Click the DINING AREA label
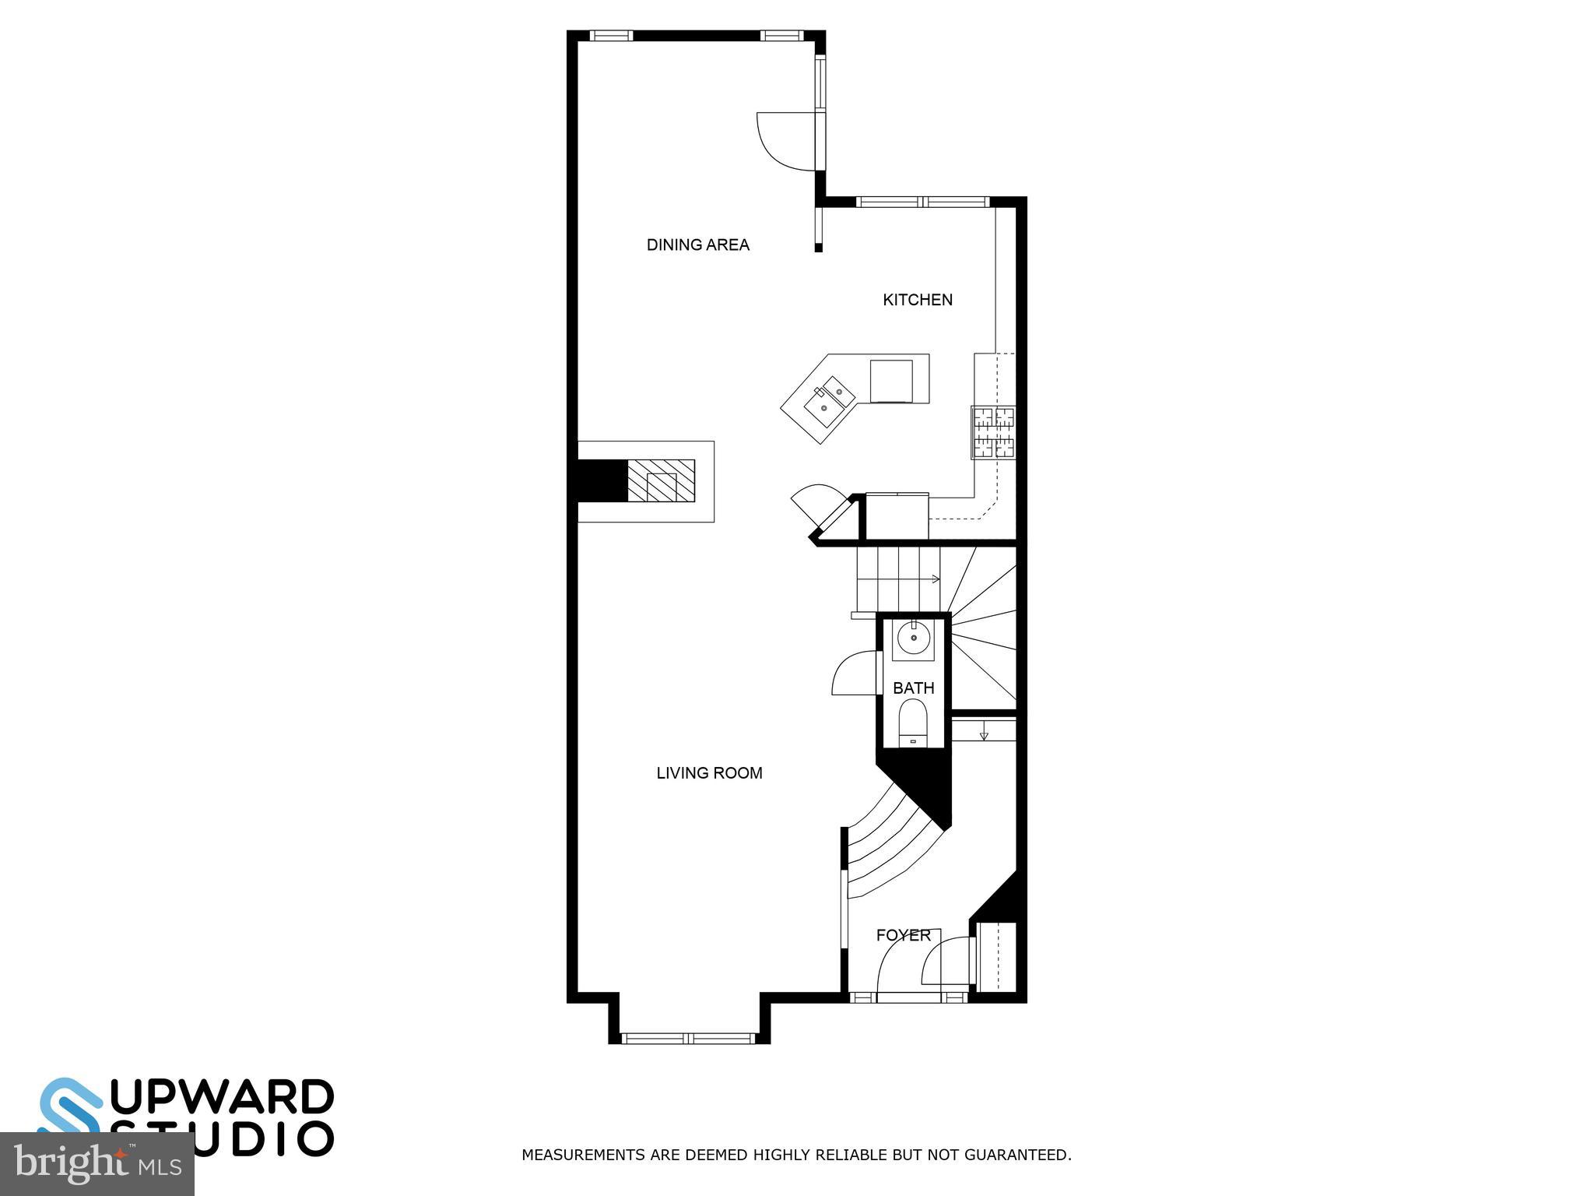(697, 244)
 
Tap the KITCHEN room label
(917, 300)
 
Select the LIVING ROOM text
(709, 773)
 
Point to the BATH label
(913, 688)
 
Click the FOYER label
(903, 935)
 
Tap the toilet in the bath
(913, 723)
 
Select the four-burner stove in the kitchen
(993, 432)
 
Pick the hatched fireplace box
(661, 480)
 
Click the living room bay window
(688, 1037)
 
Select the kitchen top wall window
(923, 202)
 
